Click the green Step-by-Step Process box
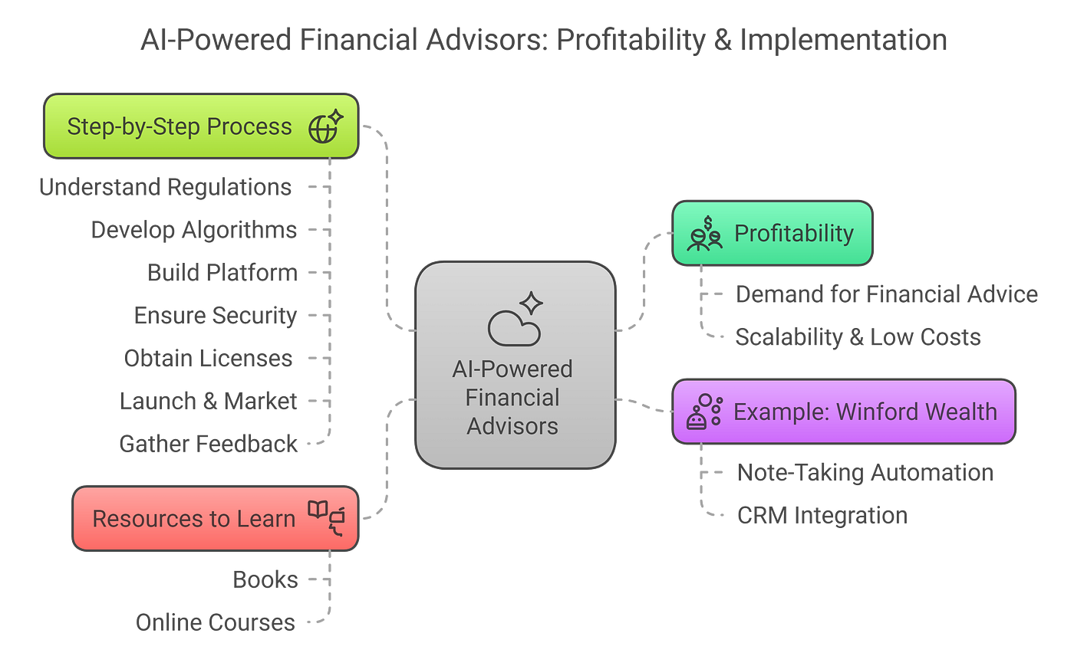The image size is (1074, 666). [180, 126]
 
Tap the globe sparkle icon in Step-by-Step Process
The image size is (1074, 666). [325, 127]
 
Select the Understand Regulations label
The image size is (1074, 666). [165, 187]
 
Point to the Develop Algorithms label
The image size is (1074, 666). [193, 230]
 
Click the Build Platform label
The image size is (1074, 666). [222, 273]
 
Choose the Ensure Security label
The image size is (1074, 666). [216, 316]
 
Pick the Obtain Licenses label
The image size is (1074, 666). [208, 358]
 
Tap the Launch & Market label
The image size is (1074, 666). [209, 401]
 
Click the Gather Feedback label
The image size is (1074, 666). [208, 443]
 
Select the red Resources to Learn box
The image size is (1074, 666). [193, 519]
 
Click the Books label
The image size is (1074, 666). [265, 579]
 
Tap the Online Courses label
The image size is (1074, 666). [216, 622]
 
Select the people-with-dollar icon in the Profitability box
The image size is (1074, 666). [704, 234]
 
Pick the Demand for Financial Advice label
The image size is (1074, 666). [887, 294]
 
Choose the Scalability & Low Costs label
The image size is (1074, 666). [858, 337]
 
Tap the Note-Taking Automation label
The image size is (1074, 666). [865, 473]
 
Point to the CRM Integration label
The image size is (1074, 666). [822, 516]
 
